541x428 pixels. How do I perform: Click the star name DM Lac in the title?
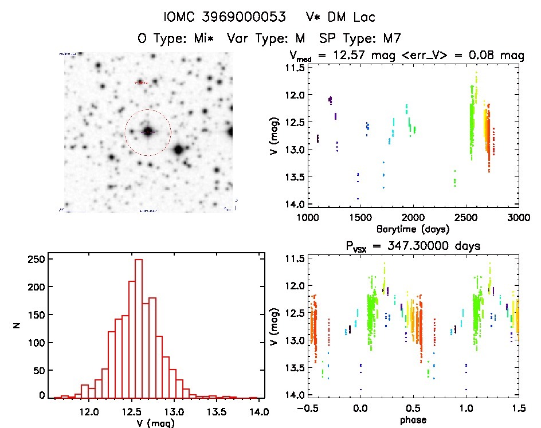click(348, 17)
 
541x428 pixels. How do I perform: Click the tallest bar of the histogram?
click(138, 327)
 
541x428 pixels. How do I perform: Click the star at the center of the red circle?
click(148, 132)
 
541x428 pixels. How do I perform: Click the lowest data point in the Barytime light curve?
click(358, 199)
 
